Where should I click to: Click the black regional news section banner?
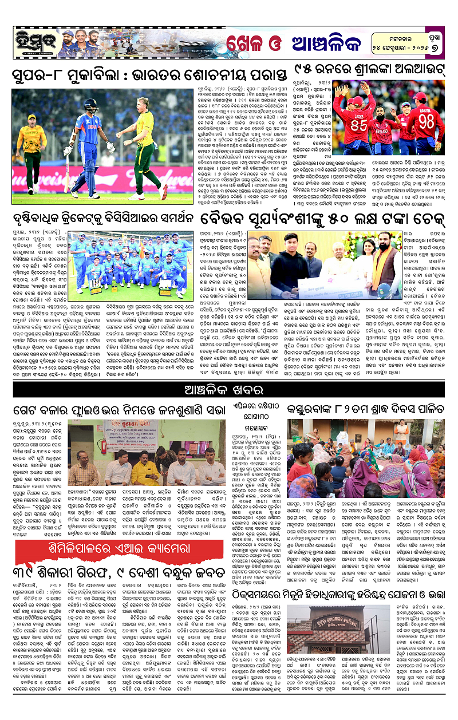click(x=229, y=390)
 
